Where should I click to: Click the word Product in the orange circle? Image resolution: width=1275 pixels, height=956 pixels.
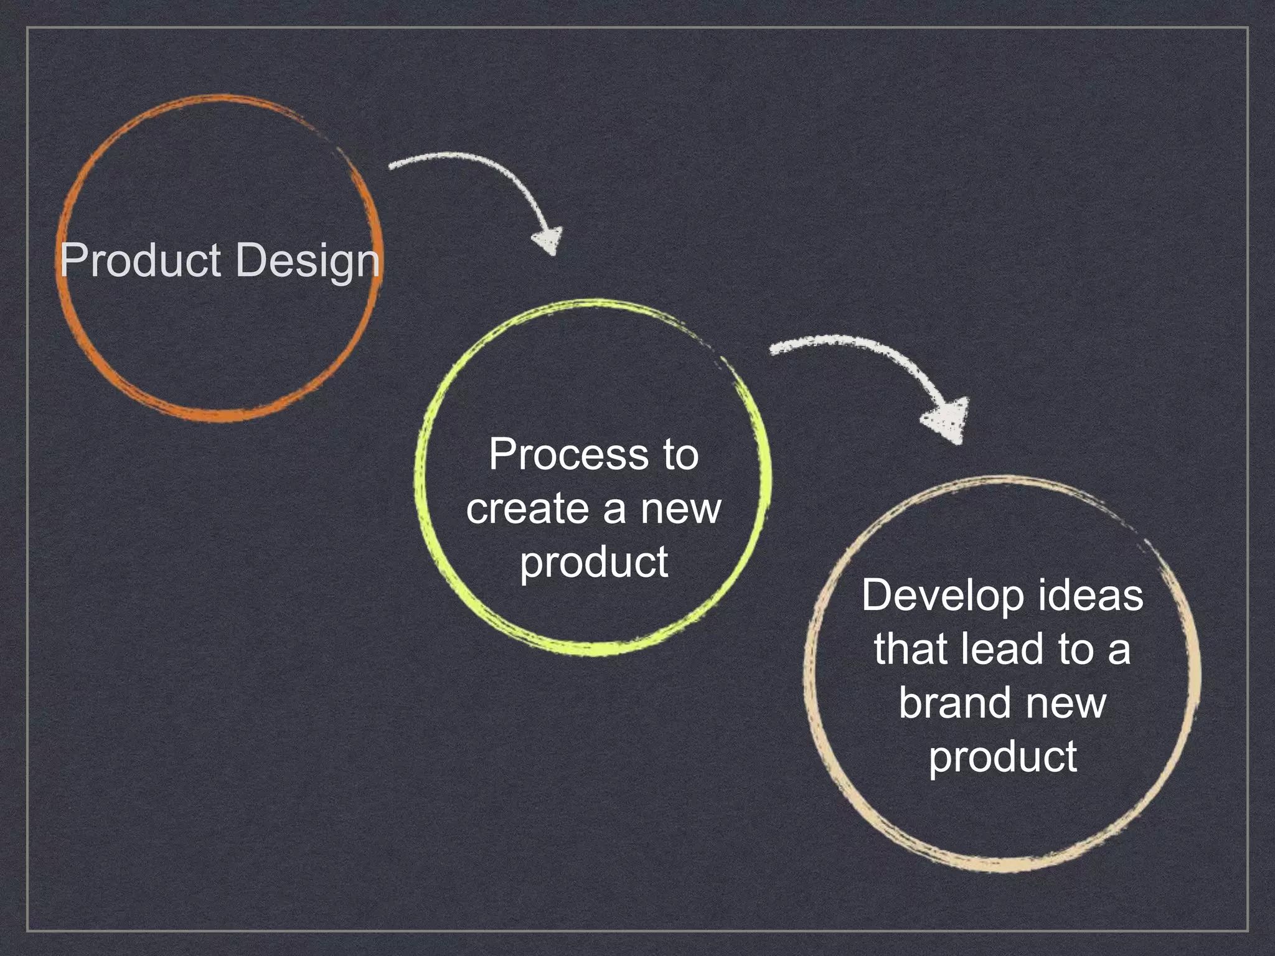pyautogui.click(x=141, y=260)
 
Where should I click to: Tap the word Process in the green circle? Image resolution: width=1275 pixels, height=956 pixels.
pyautogui.click(x=567, y=454)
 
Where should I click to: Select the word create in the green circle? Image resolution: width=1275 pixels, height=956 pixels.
pyautogui.click(x=527, y=508)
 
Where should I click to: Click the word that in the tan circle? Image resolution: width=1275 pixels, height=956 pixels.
pyautogui.click(x=910, y=649)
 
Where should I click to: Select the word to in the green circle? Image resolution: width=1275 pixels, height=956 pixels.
pyautogui.click(x=680, y=454)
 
